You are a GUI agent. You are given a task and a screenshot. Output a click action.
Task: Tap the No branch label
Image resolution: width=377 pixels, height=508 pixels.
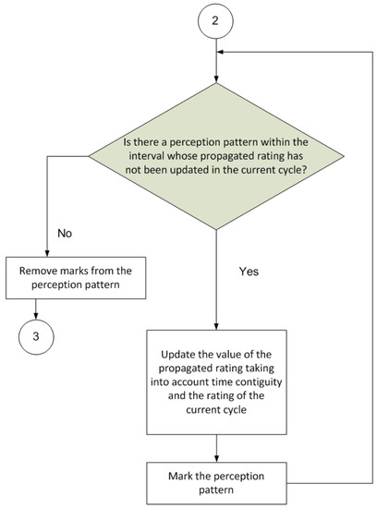tap(65, 234)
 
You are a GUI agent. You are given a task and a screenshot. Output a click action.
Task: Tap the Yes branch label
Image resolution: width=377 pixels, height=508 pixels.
tap(249, 272)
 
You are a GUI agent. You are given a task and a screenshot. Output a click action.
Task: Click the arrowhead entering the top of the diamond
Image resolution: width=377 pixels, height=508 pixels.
tap(216, 79)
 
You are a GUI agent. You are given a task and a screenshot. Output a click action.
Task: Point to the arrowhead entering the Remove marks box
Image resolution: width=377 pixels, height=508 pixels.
tap(47, 254)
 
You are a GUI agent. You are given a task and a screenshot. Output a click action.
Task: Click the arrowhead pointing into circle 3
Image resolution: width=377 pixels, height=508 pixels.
tap(36, 316)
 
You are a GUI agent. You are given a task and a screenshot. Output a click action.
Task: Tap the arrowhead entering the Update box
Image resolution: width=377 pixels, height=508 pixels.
tap(216, 327)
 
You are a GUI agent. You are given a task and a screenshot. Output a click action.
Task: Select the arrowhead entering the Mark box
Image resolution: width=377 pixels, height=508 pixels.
tap(216, 458)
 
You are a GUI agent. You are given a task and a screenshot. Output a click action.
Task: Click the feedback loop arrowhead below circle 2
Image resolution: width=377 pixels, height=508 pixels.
tap(221, 52)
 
